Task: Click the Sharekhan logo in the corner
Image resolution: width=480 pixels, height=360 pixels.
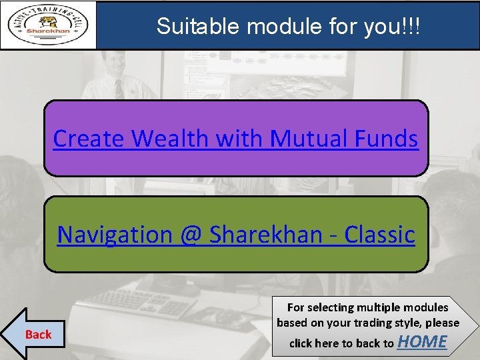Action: click(x=48, y=25)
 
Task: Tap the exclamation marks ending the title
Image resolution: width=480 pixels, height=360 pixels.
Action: click(x=411, y=26)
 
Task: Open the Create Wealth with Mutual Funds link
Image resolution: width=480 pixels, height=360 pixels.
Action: click(x=235, y=139)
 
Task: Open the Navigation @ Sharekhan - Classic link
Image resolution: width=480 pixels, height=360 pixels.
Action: click(x=235, y=235)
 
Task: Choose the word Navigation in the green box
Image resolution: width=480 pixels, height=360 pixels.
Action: click(x=113, y=235)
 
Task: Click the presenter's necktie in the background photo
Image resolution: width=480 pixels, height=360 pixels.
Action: click(x=118, y=88)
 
